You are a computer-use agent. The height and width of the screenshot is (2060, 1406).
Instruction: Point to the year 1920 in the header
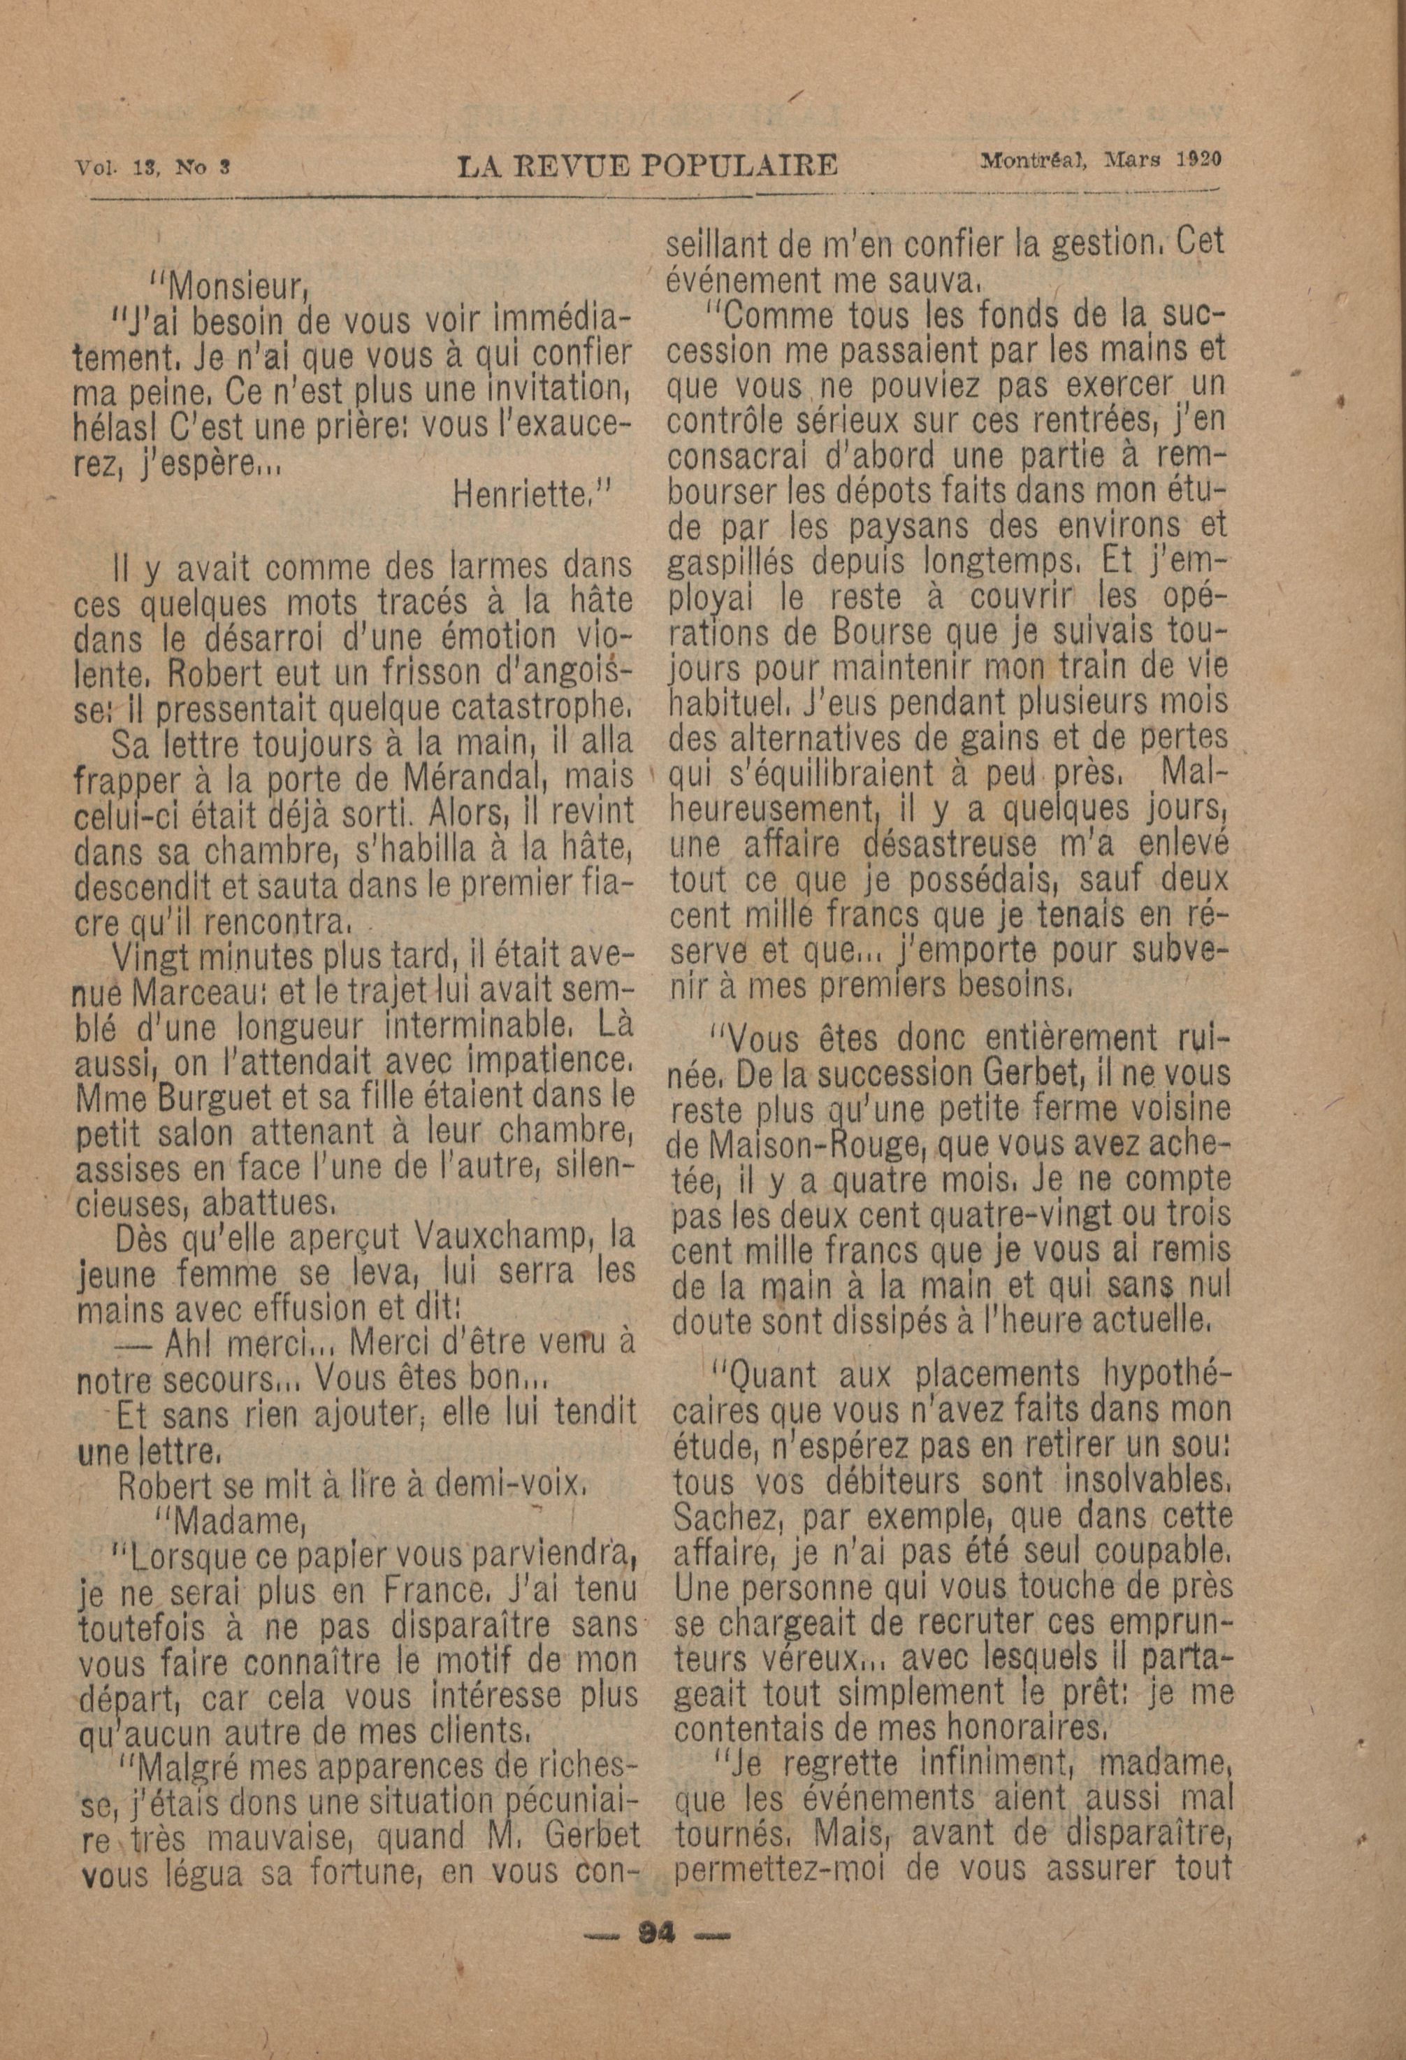pos(1200,159)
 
